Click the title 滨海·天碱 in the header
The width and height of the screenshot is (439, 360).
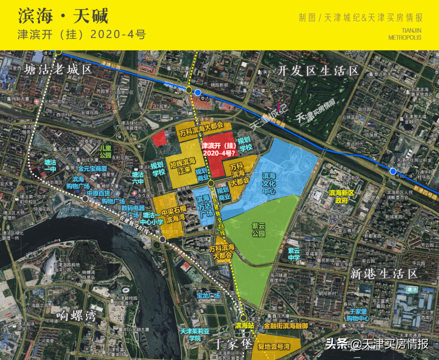(63, 16)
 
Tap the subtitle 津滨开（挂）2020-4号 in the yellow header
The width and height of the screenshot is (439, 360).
(82, 35)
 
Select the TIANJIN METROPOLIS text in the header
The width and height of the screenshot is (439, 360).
(405, 34)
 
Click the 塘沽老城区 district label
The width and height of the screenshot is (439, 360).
(59, 70)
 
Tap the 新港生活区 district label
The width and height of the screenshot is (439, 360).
(384, 273)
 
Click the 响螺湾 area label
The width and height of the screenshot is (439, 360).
(77, 315)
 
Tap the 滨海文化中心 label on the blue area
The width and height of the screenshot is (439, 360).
(269, 183)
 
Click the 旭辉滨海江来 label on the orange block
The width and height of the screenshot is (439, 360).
(180, 166)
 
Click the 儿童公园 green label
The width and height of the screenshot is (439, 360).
(105, 152)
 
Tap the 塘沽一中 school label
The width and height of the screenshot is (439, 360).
(50, 166)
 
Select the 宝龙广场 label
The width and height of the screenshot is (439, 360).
(208, 296)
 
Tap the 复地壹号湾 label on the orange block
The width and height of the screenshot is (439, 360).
(274, 347)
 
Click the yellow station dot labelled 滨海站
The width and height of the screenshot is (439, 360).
(244, 318)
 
